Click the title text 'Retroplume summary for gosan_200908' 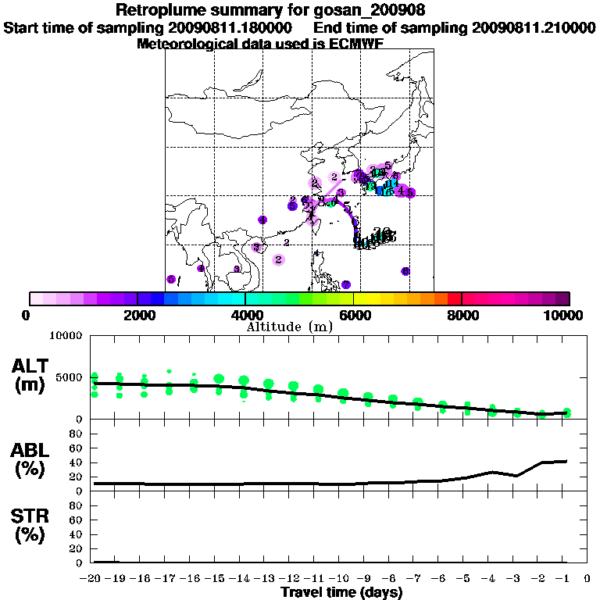pos(270,10)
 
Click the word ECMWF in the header pos(357,44)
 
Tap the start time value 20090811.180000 pos(230,27)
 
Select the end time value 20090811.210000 pos(534,27)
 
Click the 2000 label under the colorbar pos(137,315)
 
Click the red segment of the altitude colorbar pos(454,298)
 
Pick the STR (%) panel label pos(31,526)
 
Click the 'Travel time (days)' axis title pos(341,592)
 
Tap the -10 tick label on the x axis pos(341,579)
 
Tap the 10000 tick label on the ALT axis pos(63,336)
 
